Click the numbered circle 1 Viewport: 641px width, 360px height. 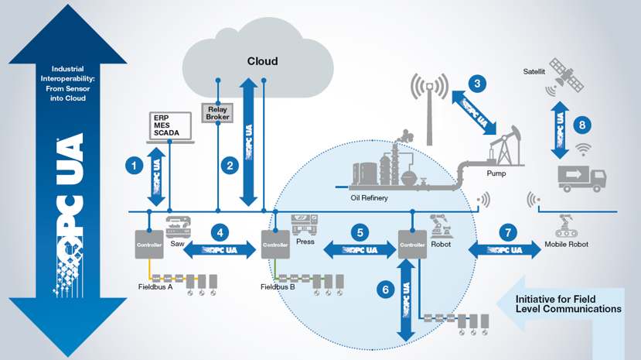point(135,164)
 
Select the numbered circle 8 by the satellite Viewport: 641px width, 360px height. point(582,122)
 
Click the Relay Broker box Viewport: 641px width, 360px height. point(217,113)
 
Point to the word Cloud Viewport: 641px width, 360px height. point(262,61)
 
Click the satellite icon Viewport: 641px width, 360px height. point(565,74)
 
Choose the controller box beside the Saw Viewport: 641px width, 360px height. point(150,245)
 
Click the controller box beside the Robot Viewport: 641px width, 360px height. point(412,245)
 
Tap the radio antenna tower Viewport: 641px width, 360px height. point(429,108)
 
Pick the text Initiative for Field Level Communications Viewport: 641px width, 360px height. point(568,303)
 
